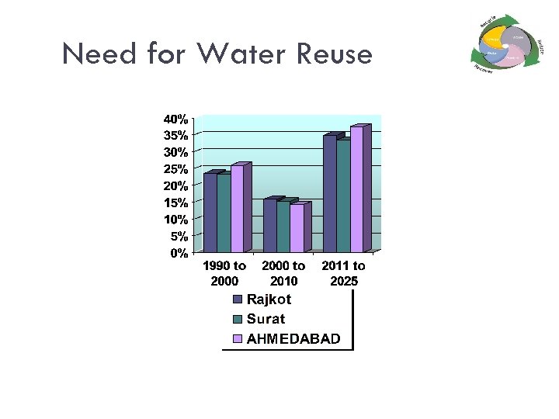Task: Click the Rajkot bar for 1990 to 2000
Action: click(x=210, y=213)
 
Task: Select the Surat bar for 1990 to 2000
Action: click(x=224, y=213)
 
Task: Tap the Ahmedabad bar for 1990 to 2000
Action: click(x=237, y=209)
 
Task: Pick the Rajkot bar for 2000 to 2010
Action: click(x=269, y=226)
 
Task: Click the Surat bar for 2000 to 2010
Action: click(x=283, y=227)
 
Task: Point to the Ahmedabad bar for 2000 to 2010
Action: click(x=297, y=228)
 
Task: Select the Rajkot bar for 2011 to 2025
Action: click(x=330, y=194)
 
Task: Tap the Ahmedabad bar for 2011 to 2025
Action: click(x=356, y=189)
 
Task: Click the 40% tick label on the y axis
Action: click(x=175, y=119)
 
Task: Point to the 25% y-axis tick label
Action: click(x=175, y=169)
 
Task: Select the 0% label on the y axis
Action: click(x=179, y=252)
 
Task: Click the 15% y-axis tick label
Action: click(x=175, y=203)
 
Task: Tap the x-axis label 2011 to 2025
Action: click(x=344, y=273)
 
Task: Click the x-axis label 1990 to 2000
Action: click(x=224, y=273)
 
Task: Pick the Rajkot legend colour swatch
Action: click(x=238, y=300)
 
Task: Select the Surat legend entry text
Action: click(x=266, y=319)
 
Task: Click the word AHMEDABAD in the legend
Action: click(x=293, y=339)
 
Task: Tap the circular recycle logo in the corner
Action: click(x=505, y=42)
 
